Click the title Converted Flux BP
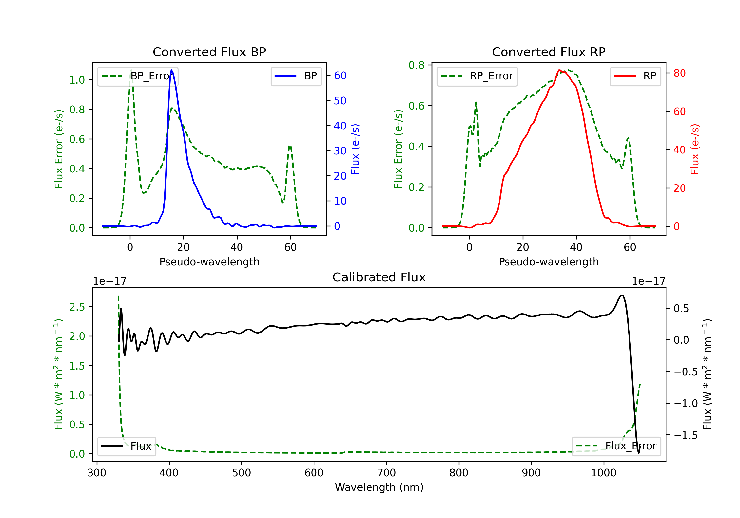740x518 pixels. tap(209, 52)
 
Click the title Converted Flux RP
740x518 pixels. tap(549, 52)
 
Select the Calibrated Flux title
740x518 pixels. tap(379, 277)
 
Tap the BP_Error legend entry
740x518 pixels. tap(138, 76)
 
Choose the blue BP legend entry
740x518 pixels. tap(296, 76)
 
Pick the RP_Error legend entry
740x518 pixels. tap(477, 76)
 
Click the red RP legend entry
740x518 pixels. tap(635, 76)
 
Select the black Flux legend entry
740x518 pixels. tap(126, 446)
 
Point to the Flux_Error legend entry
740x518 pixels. tap(616, 446)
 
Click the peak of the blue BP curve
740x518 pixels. tap(171, 70)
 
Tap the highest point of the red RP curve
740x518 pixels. tap(559, 70)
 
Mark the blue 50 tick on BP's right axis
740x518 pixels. tap(340, 101)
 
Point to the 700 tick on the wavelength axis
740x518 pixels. tap(387, 473)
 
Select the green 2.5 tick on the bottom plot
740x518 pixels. tap(77, 307)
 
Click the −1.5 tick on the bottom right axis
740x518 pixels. tap(685, 435)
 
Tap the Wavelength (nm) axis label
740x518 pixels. tap(379, 487)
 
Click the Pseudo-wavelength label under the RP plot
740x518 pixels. tap(549, 262)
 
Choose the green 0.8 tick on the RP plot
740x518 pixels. tap(417, 65)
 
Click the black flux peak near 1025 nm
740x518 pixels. tap(622, 296)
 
